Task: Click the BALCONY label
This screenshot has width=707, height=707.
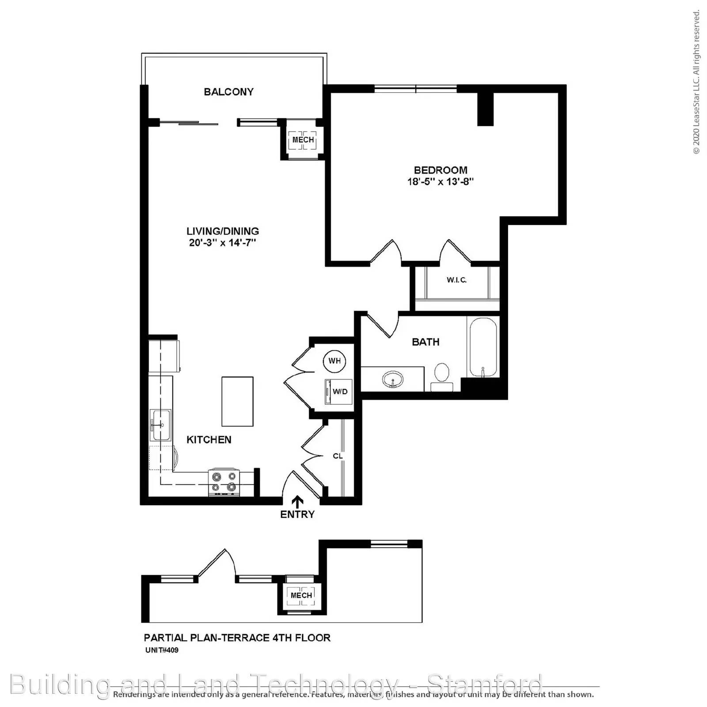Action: point(228,92)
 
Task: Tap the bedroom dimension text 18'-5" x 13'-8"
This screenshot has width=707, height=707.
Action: point(440,182)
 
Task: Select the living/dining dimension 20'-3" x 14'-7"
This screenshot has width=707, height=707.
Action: point(223,243)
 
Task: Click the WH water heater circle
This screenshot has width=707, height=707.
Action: point(334,361)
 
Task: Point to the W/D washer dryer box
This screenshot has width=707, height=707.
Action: point(339,392)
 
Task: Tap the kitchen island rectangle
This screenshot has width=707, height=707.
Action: point(237,401)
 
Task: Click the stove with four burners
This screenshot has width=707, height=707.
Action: point(224,482)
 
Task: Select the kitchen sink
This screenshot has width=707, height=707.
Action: point(160,425)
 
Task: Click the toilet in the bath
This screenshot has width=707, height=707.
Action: point(441,376)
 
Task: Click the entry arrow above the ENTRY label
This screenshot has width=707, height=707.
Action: point(298,501)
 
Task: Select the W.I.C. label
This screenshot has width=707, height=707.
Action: point(456,280)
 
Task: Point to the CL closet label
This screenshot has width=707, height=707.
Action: point(338,456)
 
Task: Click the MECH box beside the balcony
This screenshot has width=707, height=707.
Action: point(303,140)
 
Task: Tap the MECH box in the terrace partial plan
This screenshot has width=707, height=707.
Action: point(301,595)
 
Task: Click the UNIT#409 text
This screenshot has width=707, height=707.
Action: point(162,650)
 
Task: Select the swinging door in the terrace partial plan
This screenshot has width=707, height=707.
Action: point(217,564)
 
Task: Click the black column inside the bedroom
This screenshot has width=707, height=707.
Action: point(485,109)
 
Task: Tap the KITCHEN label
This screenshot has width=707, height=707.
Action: point(209,440)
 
